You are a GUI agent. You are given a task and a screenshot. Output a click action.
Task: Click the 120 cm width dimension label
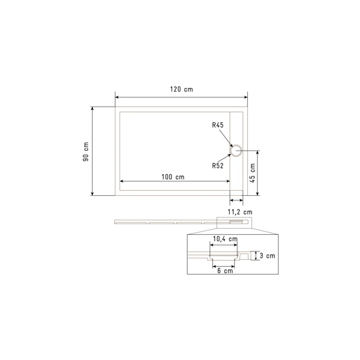pos(181,89)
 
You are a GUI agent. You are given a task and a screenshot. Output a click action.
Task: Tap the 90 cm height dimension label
pos(86,152)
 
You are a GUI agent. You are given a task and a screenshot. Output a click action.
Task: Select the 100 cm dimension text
pos(173,177)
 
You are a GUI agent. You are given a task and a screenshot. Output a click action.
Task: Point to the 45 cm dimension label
pos(252,173)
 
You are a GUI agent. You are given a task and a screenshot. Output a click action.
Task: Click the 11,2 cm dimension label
pos(240,212)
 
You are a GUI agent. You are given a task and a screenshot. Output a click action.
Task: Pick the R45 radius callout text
pos(217,125)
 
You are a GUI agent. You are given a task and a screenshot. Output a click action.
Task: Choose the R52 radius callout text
pos(217,166)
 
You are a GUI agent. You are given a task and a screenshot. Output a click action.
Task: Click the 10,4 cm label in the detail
pos(225,239)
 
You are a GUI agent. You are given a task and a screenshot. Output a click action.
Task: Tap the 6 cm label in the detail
pos(225,271)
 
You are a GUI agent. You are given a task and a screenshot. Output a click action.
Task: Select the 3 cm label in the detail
pos(267,255)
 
